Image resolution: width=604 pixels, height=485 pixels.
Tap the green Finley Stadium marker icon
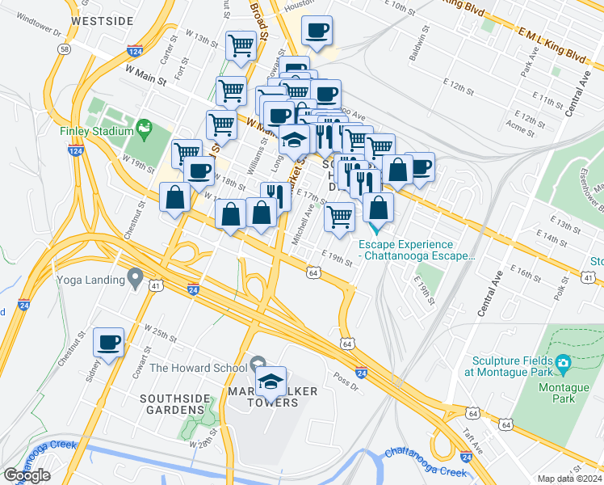point(145,128)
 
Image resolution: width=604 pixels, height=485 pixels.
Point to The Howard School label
point(198,368)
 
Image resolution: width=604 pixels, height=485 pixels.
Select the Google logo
point(27,475)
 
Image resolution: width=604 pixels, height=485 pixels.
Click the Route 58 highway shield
point(63,49)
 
